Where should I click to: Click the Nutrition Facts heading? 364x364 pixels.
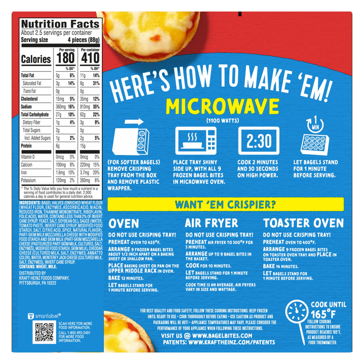click(x=60, y=24)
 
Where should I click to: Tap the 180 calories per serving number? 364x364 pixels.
click(x=65, y=58)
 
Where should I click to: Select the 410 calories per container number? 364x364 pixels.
click(x=90, y=58)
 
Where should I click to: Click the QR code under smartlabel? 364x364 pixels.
click(x=44, y=332)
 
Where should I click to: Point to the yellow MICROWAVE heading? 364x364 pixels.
click(x=223, y=107)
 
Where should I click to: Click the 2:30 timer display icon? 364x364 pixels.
click(x=259, y=141)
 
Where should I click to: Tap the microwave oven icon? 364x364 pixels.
click(x=196, y=141)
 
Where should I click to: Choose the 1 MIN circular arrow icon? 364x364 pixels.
click(x=315, y=125)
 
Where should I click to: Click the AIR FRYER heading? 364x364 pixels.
click(x=212, y=223)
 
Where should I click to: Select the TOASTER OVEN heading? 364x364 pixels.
click(x=304, y=223)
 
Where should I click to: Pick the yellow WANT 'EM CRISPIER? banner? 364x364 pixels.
click(x=226, y=204)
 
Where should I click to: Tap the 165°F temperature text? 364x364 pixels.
click(x=323, y=315)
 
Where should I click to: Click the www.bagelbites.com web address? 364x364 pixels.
click(x=222, y=336)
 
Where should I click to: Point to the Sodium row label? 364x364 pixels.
click(x=26, y=107)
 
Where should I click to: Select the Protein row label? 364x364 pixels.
click(x=26, y=146)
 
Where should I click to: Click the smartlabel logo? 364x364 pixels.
click(x=44, y=316)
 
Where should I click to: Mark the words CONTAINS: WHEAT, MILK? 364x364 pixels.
click(x=38, y=267)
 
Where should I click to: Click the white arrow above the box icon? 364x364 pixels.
click(x=134, y=122)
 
